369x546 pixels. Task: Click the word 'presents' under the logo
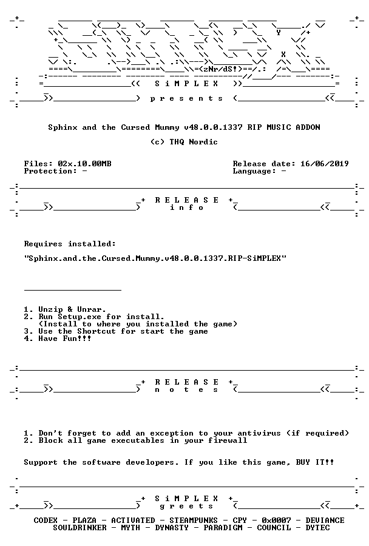coord(186,99)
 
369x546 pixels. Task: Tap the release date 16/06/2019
coord(325,164)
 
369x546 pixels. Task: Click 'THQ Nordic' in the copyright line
coord(194,142)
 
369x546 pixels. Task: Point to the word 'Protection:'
coord(50,171)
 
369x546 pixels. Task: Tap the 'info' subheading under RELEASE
coord(186,207)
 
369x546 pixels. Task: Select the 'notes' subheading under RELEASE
coord(186,389)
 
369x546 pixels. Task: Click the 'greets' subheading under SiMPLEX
coord(186,506)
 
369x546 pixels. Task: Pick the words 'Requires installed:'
coord(70,244)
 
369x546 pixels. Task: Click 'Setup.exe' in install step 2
coord(80,317)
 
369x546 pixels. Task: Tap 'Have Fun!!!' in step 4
coord(65,339)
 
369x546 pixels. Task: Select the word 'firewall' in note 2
coord(228,440)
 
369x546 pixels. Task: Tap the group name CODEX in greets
coord(46,521)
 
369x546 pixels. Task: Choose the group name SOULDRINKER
coord(80,528)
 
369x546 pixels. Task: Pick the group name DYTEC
coord(317,528)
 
